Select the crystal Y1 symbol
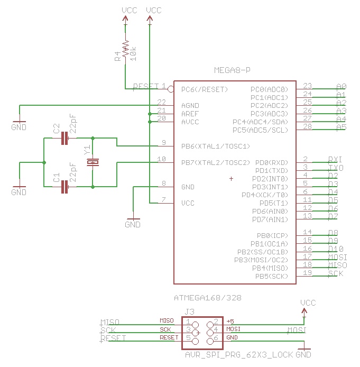pos(93,162)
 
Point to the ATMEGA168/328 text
pos(208,298)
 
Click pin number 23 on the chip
pos(308,86)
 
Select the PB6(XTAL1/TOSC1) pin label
pos(215,146)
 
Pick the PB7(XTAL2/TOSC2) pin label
pos(215,162)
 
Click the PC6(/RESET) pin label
pos(204,89)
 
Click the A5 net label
pos(341,127)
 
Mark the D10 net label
pos(336,249)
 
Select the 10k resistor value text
pos(133,53)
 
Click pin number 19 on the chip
pos(308,273)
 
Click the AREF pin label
pos(190,114)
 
